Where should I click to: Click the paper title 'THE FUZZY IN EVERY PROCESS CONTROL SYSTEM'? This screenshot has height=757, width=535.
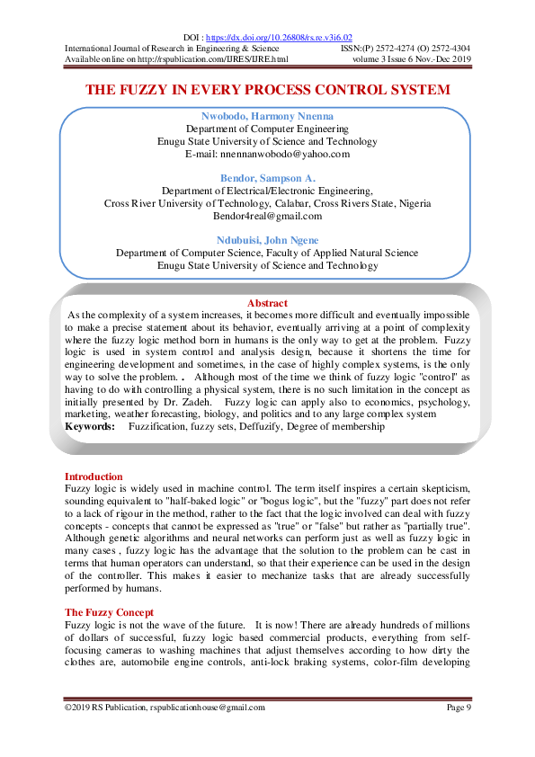tap(267, 91)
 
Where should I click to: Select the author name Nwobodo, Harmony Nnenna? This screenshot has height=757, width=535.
tap(267, 117)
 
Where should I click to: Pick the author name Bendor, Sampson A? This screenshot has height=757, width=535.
tap(267, 178)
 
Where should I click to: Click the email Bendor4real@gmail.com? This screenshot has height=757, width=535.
tap(267, 216)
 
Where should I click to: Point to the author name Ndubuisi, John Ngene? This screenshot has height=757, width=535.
tap(267, 240)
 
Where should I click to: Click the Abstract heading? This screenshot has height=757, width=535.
tap(267, 304)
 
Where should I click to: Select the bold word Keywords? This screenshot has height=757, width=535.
tap(89, 427)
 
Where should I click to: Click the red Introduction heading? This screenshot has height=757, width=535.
tap(94, 476)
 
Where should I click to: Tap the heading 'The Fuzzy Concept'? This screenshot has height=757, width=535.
tap(109, 611)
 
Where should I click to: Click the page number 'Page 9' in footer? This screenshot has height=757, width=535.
tap(459, 708)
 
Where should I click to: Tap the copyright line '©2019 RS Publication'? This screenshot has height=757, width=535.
tap(165, 708)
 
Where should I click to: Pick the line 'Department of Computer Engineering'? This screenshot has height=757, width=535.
tap(267, 129)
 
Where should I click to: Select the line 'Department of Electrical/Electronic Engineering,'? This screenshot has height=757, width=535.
tap(267, 191)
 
